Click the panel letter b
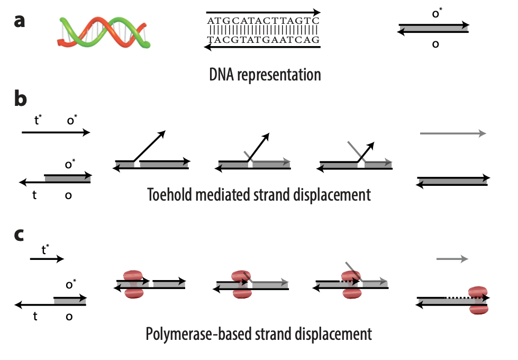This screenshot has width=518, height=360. (20, 100)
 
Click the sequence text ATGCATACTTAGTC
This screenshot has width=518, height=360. (263, 21)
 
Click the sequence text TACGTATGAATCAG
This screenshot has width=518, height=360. (263, 40)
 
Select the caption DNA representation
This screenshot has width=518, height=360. (265, 75)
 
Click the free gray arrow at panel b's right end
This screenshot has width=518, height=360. (452, 134)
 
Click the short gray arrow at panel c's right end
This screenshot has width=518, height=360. (452, 258)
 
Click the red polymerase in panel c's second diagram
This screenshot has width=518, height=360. (133, 284)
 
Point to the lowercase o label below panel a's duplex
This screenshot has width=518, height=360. (435, 44)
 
